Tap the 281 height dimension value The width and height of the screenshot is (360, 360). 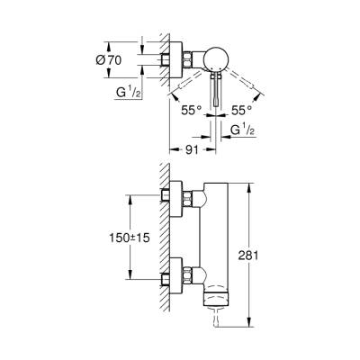pos(259,256)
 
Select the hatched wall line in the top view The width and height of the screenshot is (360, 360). pos(164,72)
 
